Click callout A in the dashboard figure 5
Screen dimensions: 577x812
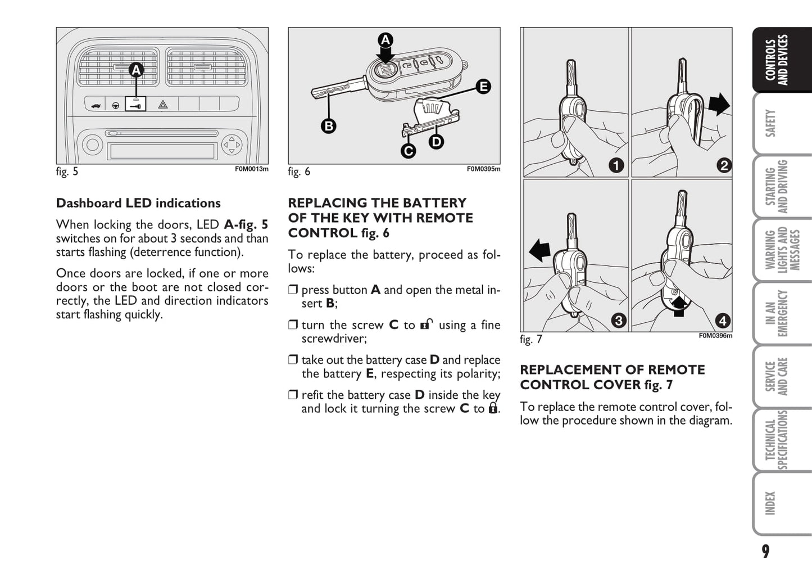(136, 70)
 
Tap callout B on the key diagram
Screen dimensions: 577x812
(329, 126)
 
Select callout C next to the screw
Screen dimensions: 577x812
(409, 151)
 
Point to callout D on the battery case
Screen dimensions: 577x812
(436, 142)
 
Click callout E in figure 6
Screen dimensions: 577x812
(483, 87)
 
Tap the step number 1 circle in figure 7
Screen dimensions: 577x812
(616, 165)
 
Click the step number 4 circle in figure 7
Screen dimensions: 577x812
(723, 321)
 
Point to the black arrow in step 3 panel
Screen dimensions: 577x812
(540, 250)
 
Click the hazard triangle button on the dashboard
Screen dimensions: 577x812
(163, 105)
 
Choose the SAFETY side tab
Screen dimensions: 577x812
(772, 123)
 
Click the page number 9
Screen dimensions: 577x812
(765, 551)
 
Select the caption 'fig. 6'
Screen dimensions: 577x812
(299, 172)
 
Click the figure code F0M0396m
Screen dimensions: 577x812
(715, 336)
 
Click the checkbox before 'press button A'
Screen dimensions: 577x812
(293, 290)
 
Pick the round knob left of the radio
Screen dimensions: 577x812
(92, 145)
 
